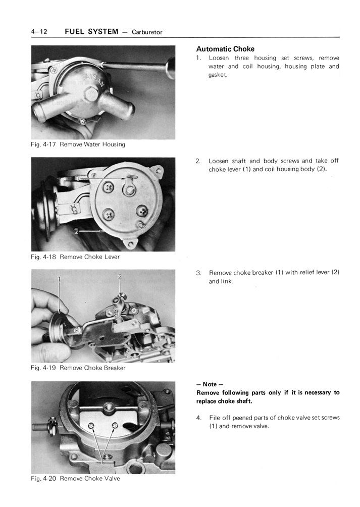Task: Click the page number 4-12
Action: pos(39,32)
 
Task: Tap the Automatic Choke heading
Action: pos(225,49)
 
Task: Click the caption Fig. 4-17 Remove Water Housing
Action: pos(78,144)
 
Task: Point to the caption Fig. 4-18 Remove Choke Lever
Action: pos(75,257)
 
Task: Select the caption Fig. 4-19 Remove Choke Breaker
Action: pos(78,368)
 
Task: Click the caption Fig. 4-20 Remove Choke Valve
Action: pos(75,478)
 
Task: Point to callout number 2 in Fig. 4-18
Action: pos(76,232)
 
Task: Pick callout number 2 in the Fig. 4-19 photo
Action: pos(120,276)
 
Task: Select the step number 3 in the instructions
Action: pos(198,273)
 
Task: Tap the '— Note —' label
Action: pos(209,384)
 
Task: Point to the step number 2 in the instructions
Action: pos(198,161)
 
